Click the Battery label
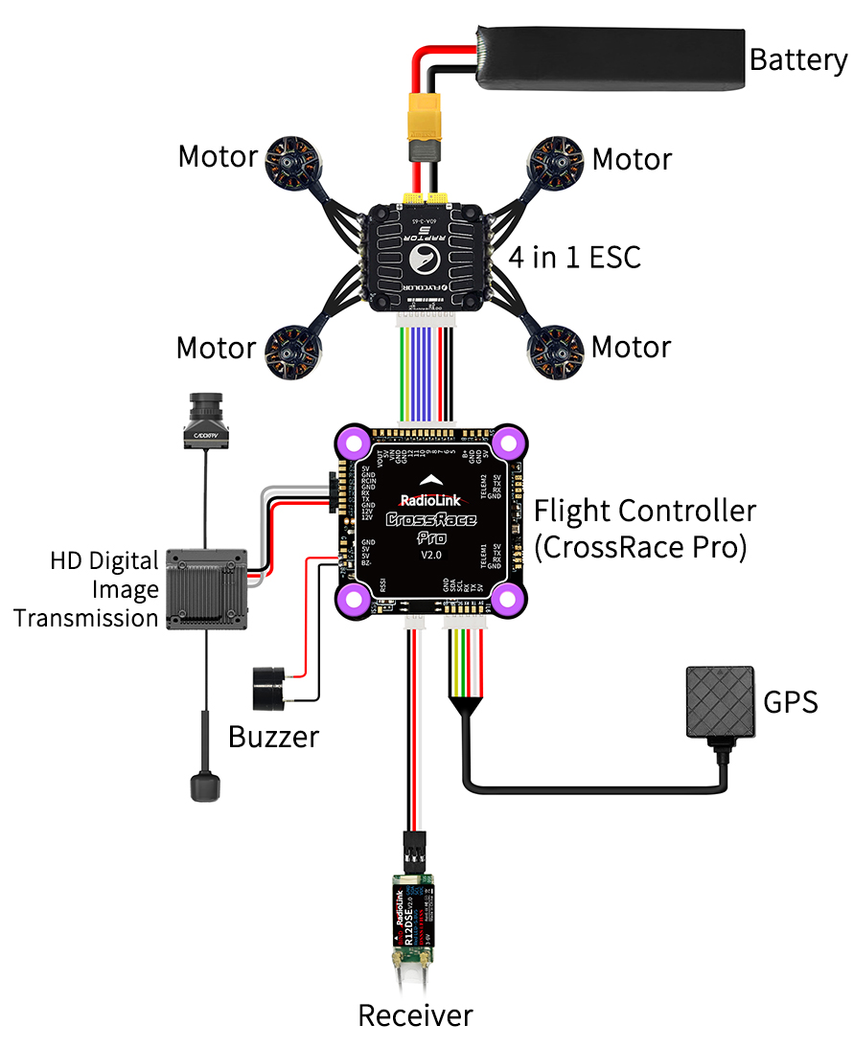tap(797, 59)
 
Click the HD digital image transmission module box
tap(208, 587)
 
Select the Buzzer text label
tap(273, 737)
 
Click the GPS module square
tap(720, 702)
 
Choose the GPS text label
tap(791, 702)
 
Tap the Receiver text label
tap(415, 1015)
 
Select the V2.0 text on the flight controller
tap(429, 556)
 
